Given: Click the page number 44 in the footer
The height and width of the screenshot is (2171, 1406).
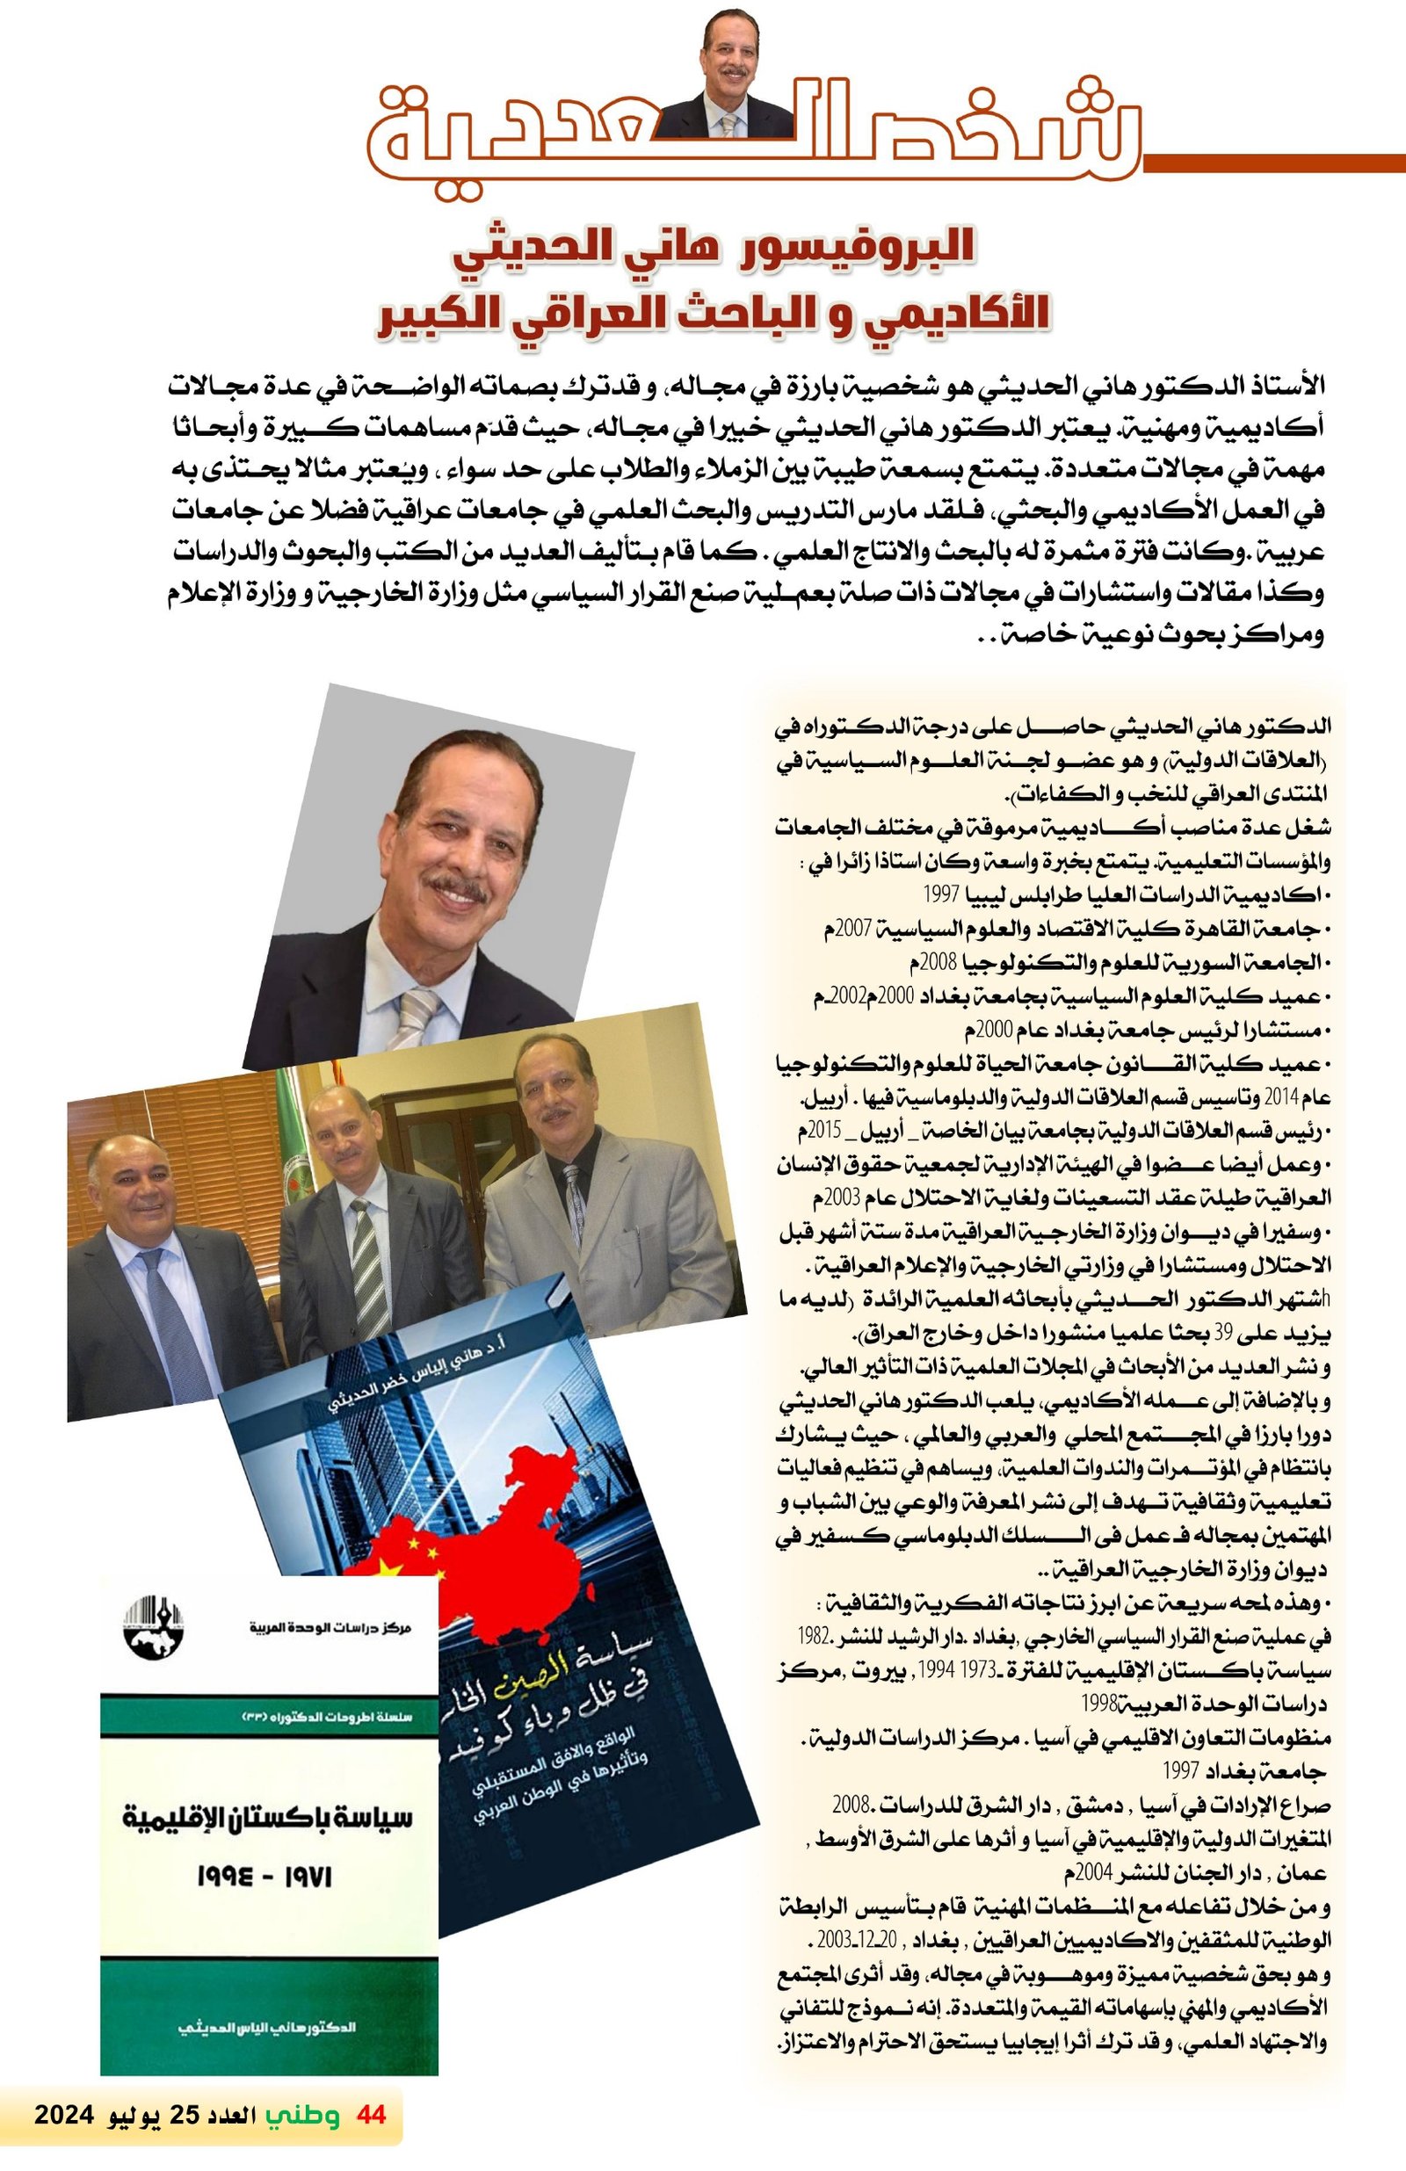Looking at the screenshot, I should click(372, 2139).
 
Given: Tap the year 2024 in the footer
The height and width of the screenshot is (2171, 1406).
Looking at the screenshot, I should click(65, 2139).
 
